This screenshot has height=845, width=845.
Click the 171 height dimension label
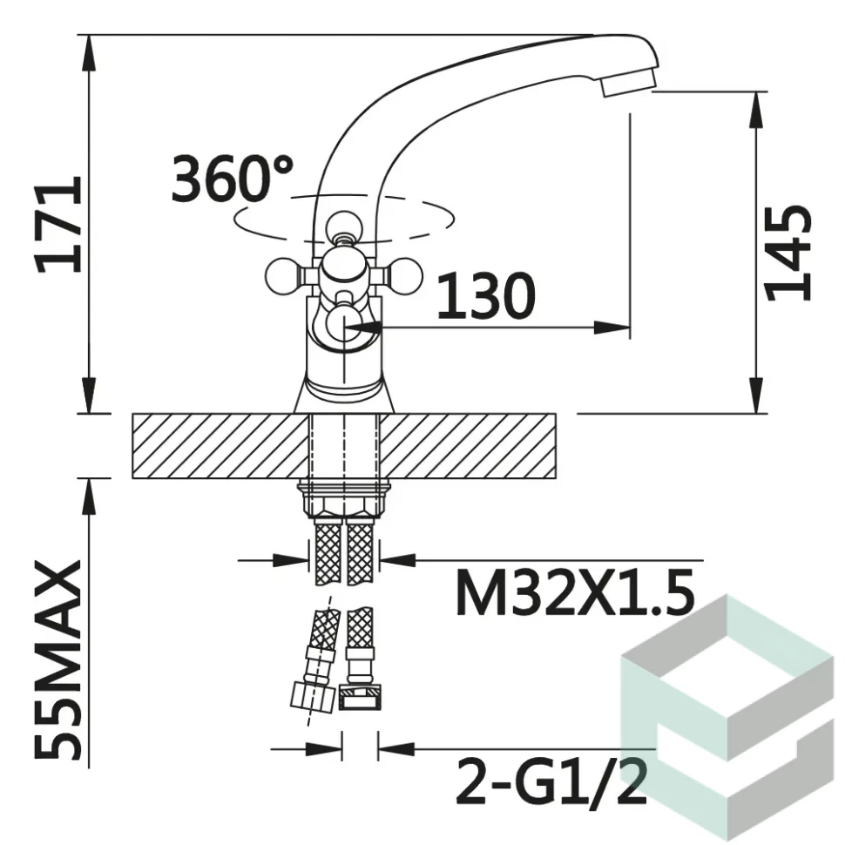click(x=58, y=224)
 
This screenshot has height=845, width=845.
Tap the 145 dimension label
click(x=788, y=253)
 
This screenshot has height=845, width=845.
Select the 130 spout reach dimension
click(x=486, y=294)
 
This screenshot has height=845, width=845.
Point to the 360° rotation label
click(x=233, y=179)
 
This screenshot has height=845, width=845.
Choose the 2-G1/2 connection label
click(x=551, y=781)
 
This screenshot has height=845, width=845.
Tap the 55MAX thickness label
click(x=58, y=659)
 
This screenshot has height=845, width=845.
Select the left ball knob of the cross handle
click(x=282, y=276)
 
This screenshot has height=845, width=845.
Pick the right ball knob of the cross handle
click(x=403, y=276)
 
